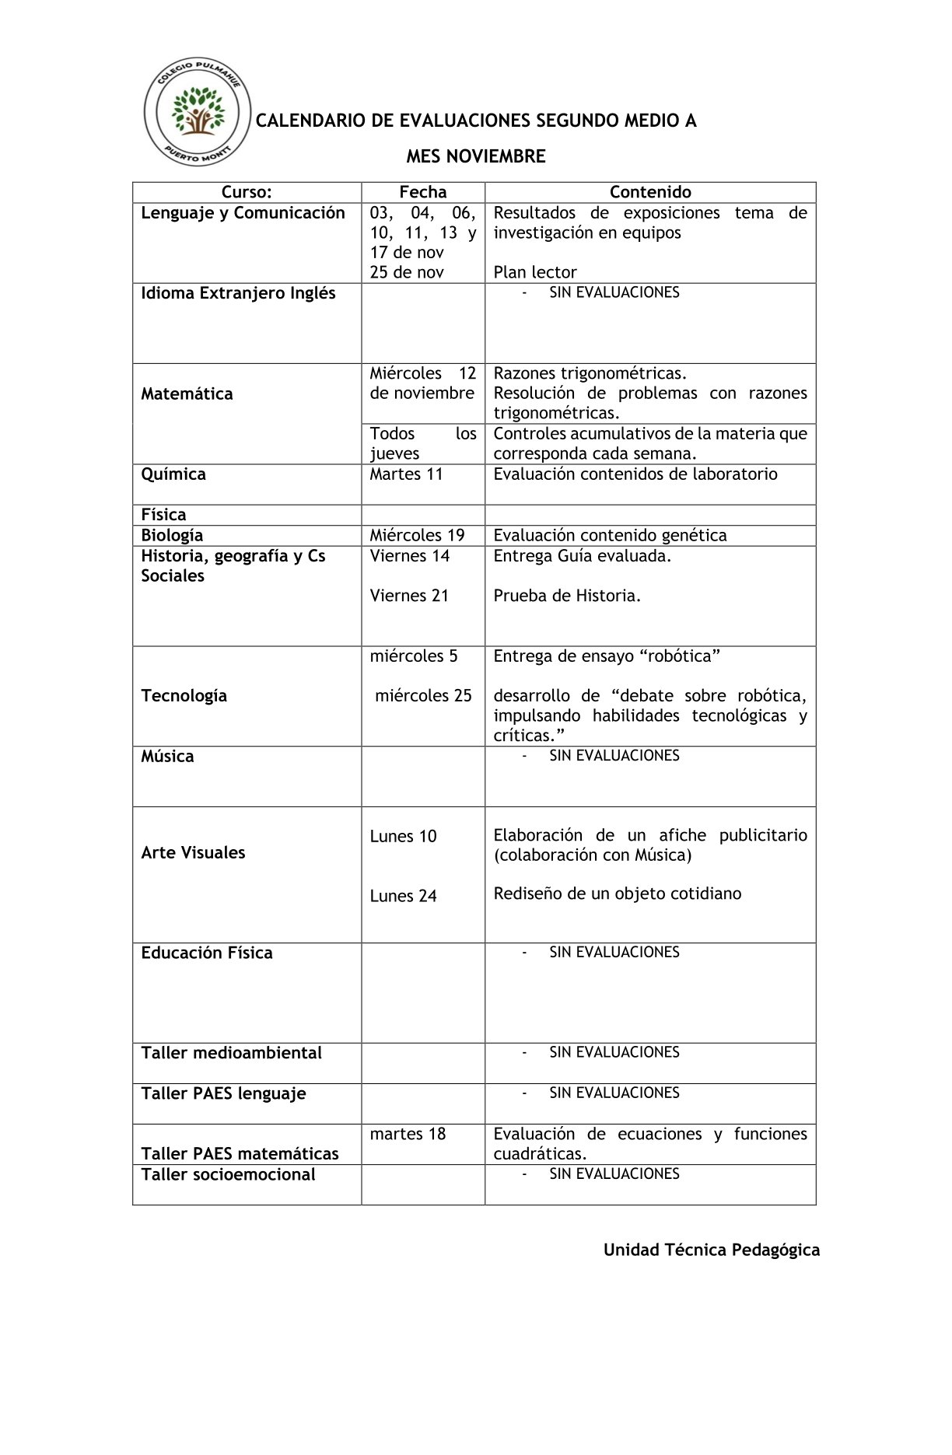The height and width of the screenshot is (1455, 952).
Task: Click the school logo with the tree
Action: pyautogui.click(x=198, y=114)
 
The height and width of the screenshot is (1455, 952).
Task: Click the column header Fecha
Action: pyautogui.click(x=422, y=192)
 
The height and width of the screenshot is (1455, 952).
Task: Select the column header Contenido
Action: pyautogui.click(x=649, y=192)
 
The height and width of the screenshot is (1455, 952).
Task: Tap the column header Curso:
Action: pyautogui.click(x=247, y=192)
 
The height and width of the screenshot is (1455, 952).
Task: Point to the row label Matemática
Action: pyautogui.click(x=187, y=393)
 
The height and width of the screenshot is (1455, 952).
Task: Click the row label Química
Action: pyautogui.click(x=173, y=474)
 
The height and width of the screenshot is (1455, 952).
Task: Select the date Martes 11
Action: pyautogui.click(x=406, y=474)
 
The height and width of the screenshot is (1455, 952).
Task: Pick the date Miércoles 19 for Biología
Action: pyautogui.click(x=417, y=535)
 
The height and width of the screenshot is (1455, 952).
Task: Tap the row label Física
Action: pyautogui.click(x=163, y=515)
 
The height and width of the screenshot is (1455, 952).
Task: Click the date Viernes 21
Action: pyautogui.click(x=409, y=596)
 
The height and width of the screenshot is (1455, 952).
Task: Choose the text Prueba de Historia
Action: pyautogui.click(x=567, y=596)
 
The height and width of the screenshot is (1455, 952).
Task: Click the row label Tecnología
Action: pyautogui.click(x=184, y=696)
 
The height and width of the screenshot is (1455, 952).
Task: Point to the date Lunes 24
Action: pyautogui.click(x=403, y=896)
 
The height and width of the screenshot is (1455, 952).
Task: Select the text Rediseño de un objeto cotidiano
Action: pyautogui.click(x=617, y=894)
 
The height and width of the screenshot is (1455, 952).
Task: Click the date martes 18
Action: pyautogui.click(x=408, y=1134)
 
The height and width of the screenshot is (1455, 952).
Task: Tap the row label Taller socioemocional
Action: pyautogui.click(x=228, y=1174)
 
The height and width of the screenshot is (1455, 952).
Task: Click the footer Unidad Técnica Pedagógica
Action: pyautogui.click(x=711, y=1250)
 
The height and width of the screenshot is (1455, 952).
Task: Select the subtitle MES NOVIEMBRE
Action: pyautogui.click(x=475, y=156)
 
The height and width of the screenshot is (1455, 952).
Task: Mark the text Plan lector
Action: pyautogui.click(x=535, y=272)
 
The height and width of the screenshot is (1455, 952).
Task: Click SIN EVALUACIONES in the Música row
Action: pyautogui.click(x=614, y=756)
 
